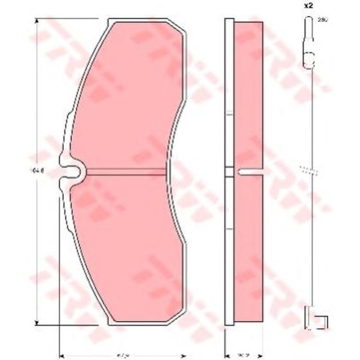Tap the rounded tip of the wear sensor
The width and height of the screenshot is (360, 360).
tap(308, 21)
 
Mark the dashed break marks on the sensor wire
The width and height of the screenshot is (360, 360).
tap(308, 170)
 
